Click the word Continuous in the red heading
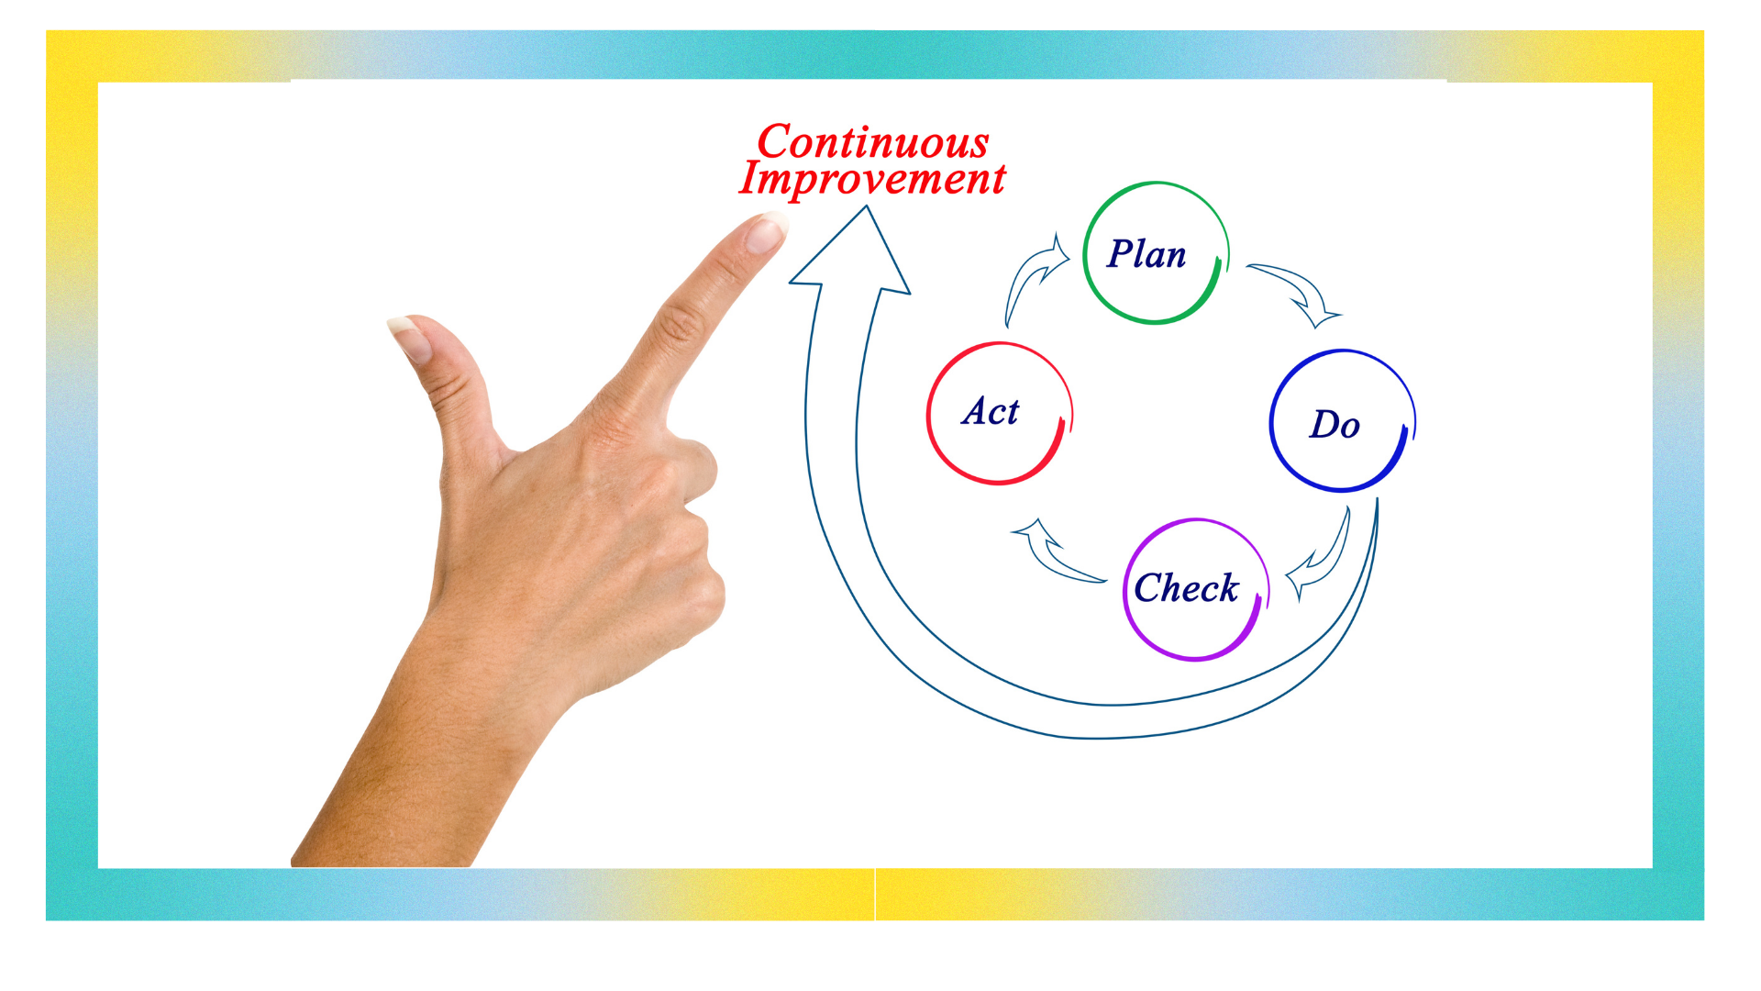[873, 142]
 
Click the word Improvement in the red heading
[872, 179]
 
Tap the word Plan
[1146, 254]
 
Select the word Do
[1335, 424]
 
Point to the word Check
[1186, 587]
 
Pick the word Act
[991, 411]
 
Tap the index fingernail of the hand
[766, 232]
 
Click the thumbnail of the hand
[409, 336]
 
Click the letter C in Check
[1147, 587]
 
